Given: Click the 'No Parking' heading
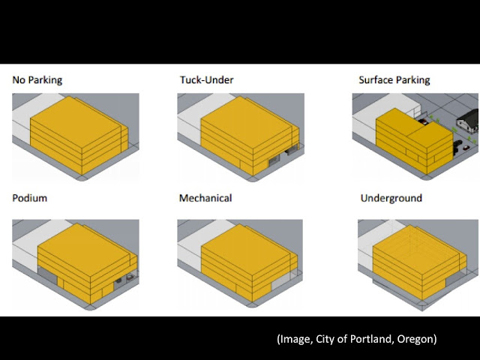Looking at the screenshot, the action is coord(37,79).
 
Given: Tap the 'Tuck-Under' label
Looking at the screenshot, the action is coord(207,79).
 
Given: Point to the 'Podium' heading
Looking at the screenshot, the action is coord(29,198).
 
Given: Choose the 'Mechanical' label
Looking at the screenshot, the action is coord(205,198).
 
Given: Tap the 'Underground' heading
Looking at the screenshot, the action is coord(391,198).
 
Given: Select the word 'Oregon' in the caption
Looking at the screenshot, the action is coord(414,339).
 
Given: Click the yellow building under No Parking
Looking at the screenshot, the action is coord(75,135).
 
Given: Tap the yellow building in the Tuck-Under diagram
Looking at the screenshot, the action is coord(238,135).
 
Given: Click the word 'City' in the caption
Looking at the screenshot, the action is coord(320,339).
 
